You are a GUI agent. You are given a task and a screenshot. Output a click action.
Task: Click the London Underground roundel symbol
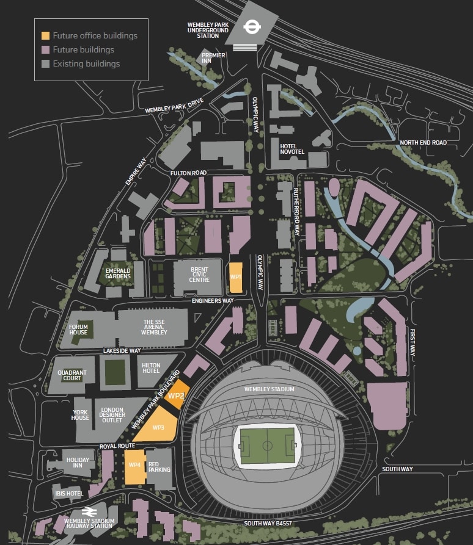[x=250, y=26]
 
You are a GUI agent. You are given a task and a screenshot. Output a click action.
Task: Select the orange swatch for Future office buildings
[x=45, y=35]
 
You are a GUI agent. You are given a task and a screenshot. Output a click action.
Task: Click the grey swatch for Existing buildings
[x=45, y=63]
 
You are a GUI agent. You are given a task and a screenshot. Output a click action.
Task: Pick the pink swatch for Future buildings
[x=45, y=49]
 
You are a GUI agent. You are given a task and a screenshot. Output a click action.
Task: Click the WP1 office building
[x=236, y=276]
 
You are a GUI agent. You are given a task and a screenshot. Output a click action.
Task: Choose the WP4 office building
[x=135, y=467]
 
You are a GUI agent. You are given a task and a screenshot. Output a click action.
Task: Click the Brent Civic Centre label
[x=199, y=275]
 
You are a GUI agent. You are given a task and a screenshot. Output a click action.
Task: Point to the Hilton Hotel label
[x=151, y=367]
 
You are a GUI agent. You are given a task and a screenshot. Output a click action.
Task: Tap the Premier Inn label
[x=214, y=58]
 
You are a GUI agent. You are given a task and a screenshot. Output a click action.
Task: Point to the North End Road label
[x=423, y=142]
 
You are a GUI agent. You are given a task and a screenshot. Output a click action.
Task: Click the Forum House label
[x=79, y=330]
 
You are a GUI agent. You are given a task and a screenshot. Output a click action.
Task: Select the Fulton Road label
[x=189, y=173]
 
